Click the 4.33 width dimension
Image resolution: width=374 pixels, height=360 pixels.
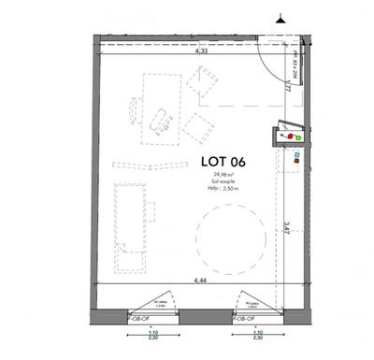pyautogui.click(x=201, y=53)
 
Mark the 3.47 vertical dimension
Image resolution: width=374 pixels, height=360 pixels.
pyautogui.click(x=284, y=226)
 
